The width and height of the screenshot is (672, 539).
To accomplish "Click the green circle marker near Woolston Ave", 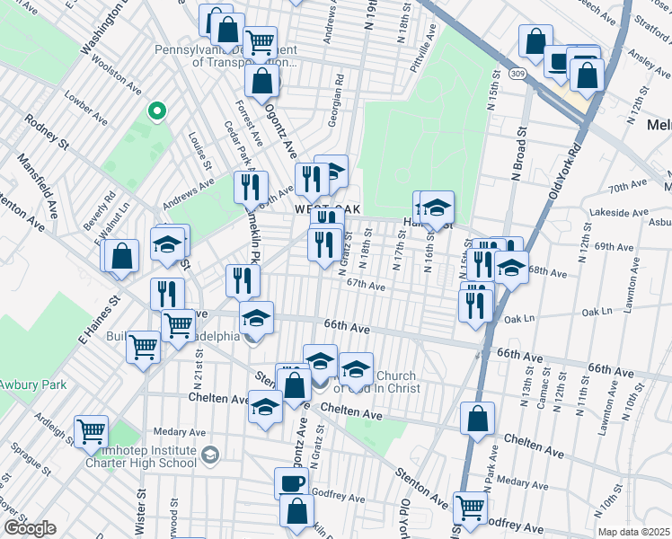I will (156, 111).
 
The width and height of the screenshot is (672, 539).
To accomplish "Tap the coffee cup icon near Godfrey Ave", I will (291, 482).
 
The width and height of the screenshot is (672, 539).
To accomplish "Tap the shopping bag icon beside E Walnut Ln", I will (122, 256).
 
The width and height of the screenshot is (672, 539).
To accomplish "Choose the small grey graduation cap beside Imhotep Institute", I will (209, 455).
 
